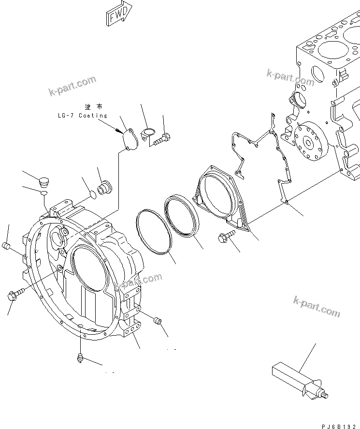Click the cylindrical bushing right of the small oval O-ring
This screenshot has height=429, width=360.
(x=105, y=187)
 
